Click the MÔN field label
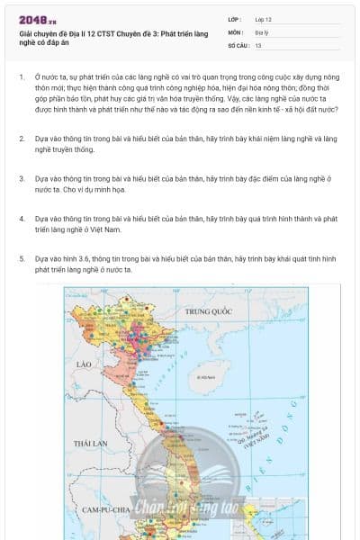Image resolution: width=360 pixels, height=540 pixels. point(237,31)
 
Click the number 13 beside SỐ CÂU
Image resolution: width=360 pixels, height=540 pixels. point(259,44)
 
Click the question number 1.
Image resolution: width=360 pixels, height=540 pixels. point(21,77)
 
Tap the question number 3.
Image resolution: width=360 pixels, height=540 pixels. point(21,178)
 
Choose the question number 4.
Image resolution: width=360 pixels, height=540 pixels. point(21,219)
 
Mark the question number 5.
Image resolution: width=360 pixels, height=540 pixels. point(21,258)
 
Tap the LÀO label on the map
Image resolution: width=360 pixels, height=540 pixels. point(86,364)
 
